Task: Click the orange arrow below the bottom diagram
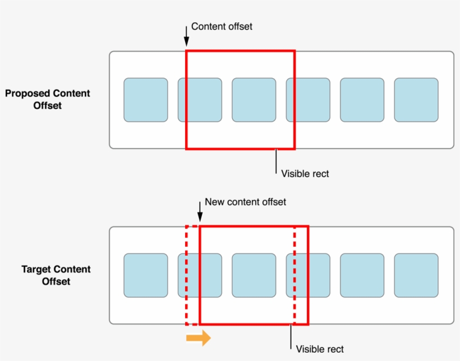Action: [x=199, y=337]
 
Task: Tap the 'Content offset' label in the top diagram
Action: [x=222, y=26]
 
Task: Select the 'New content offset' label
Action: [x=245, y=202]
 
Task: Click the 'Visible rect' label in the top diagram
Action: [x=305, y=174]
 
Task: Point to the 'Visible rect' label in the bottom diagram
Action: [x=319, y=349]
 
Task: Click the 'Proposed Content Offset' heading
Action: [x=48, y=99]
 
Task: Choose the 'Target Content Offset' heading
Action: [x=56, y=275]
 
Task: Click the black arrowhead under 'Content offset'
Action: [x=186, y=41]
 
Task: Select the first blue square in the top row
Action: [x=146, y=100]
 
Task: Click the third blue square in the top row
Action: [x=254, y=100]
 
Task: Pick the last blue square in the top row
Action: [x=416, y=100]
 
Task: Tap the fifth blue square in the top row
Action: [x=362, y=100]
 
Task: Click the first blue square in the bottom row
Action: [x=146, y=275]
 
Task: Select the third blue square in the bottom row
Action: [x=254, y=275]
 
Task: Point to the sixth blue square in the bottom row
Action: [x=416, y=275]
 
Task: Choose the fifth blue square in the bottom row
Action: [x=362, y=275]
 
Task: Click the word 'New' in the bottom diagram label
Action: [x=214, y=202]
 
